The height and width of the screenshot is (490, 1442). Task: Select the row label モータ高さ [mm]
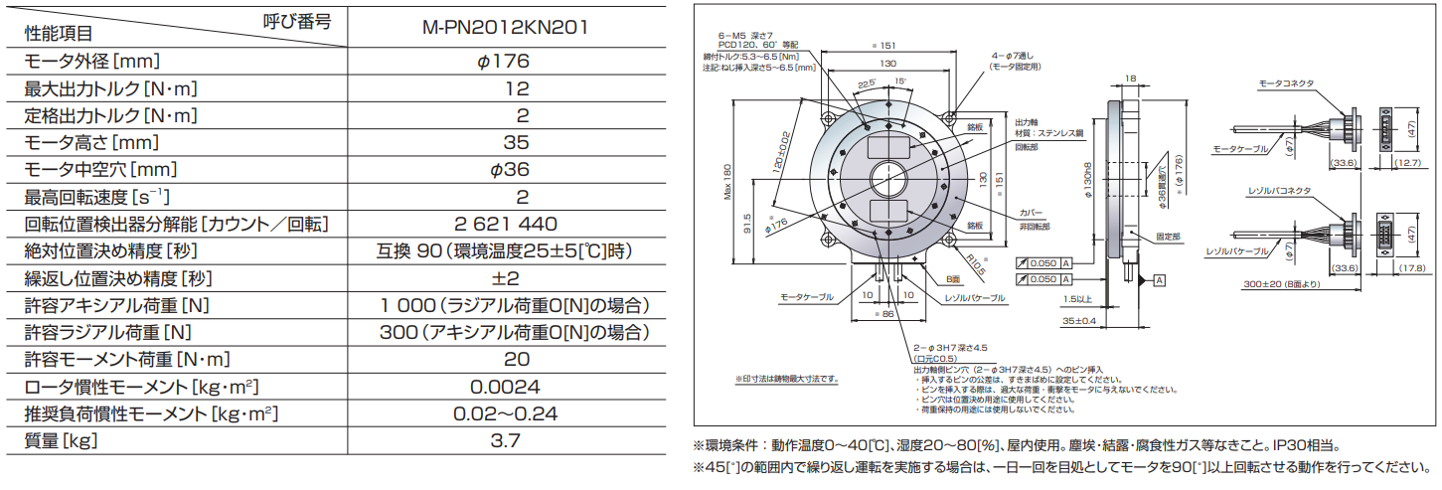(91, 142)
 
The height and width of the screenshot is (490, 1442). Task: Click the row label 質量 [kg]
(62, 439)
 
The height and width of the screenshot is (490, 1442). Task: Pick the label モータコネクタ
(1287, 84)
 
